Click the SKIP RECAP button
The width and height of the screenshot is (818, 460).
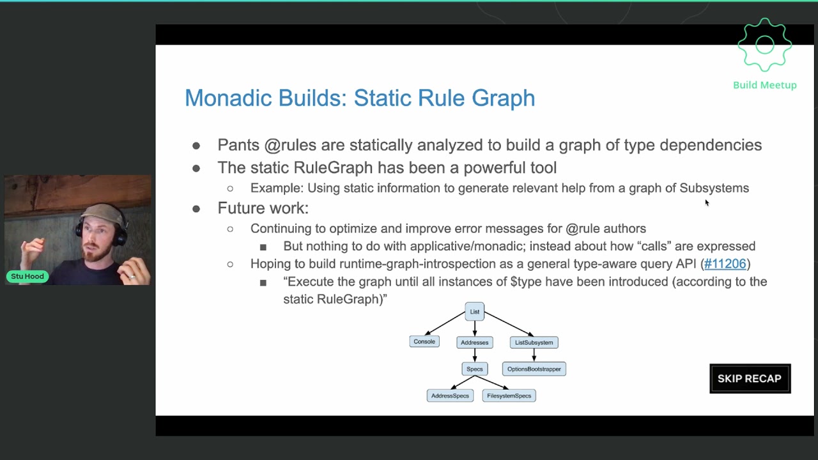pos(750,378)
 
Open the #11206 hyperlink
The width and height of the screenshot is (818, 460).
pos(725,264)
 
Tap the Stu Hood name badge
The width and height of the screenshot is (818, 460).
pos(27,276)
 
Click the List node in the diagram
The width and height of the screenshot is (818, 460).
pos(474,312)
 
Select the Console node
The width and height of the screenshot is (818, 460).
pos(424,342)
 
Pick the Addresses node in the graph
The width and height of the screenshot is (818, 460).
pos(474,342)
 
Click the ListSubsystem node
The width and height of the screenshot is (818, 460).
pos(534,342)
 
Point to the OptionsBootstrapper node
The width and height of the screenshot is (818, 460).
pos(534,369)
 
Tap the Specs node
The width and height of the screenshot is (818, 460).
pos(474,369)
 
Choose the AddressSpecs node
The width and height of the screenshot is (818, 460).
pos(450,396)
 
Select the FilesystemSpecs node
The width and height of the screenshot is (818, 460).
pos(509,396)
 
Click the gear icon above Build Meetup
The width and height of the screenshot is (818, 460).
pos(764,45)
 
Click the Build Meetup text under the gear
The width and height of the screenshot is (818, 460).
pos(764,85)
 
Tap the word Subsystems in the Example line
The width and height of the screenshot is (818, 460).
pos(714,188)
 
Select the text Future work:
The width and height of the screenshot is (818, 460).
pos(263,208)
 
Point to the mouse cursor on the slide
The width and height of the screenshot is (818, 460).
pos(706,203)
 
